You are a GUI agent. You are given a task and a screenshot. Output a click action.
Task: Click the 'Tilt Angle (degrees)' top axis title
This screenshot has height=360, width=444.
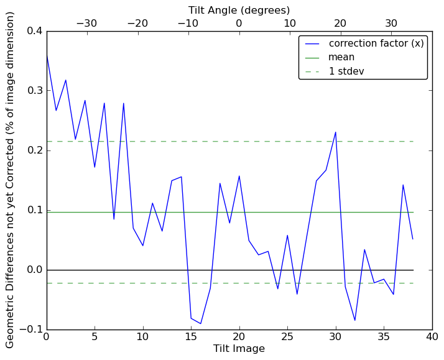coord(239,10)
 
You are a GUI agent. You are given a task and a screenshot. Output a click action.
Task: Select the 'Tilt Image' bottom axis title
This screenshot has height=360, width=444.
coord(239,349)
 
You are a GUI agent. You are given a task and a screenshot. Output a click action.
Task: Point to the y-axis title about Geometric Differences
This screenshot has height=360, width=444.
coord(11,180)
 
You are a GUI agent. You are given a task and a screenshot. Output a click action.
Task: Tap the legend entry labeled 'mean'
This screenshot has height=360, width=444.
coord(341,57)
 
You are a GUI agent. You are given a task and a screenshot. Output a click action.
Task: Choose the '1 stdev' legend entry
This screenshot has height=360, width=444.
coord(346,72)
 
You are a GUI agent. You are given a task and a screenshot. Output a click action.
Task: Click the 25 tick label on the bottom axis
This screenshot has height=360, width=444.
coord(287,337)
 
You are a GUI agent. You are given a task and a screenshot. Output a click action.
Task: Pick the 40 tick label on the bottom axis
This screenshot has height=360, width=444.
coord(432,337)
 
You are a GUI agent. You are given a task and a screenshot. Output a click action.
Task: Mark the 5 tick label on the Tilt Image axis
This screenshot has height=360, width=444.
coord(95,337)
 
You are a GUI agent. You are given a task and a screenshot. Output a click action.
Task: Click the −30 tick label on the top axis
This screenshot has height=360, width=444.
coord(86,24)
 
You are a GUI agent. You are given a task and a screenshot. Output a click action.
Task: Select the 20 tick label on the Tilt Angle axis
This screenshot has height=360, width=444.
coord(340,24)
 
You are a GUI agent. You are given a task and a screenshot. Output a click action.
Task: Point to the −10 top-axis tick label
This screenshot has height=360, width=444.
coord(188,24)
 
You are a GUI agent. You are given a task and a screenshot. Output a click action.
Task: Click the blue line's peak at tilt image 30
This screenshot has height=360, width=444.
coord(336,132)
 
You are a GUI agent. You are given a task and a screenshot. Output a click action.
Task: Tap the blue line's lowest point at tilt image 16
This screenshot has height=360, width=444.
coord(201,323)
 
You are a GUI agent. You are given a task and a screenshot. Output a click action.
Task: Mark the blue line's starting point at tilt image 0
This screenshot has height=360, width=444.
coord(47,55)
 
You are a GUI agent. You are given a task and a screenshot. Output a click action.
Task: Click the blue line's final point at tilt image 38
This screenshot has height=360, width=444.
coord(413,239)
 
